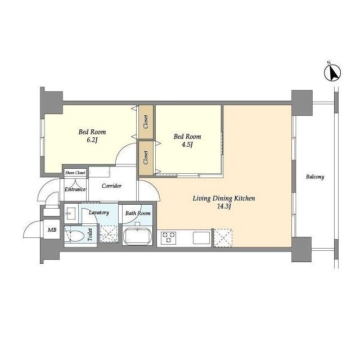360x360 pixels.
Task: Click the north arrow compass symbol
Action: [332, 73]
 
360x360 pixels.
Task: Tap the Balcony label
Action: [315, 177]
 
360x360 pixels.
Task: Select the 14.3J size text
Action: [224, 206]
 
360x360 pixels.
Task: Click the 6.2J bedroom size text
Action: [92, 140]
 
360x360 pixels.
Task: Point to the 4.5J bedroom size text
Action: [187, 145]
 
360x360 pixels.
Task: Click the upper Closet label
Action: [146, 122]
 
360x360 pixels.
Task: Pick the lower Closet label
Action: [146, 157]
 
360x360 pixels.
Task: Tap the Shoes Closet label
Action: [75, 173]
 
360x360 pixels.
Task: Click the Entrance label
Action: [75, 190]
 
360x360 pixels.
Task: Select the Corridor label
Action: [111, 186]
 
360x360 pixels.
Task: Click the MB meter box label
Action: [52, 229]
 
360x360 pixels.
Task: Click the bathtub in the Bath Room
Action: [137, 236]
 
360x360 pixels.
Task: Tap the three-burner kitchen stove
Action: [169, 237]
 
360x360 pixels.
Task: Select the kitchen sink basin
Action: [201, 237]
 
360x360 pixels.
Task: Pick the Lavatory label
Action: [99, 213]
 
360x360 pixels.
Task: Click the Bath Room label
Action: [138, 213]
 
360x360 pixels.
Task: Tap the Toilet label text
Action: [90, 235]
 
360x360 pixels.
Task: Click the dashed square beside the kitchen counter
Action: [223, 238]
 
